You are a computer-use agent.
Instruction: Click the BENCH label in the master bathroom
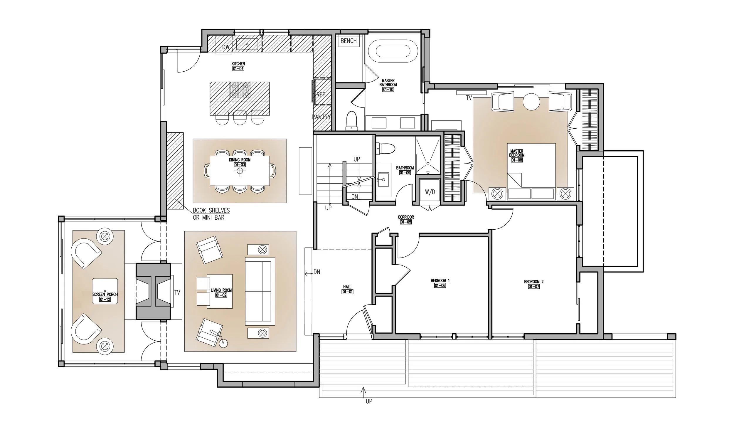coord(349,41)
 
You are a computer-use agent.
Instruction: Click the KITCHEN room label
coord(238,64)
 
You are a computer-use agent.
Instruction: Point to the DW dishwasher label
coord(226,47)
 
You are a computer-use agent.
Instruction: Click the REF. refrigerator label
coord(321,95)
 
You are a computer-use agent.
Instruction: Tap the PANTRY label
coord(321,117)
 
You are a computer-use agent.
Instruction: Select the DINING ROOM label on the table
coord(240,160)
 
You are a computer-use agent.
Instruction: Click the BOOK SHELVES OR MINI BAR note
coord(211,214)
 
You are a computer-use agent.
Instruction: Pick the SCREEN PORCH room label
coord(105,295)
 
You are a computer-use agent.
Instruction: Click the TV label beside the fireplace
coord(177,292)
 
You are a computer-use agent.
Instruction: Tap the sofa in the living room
coord(260,291)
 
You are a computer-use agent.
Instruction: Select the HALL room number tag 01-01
coord(347,292)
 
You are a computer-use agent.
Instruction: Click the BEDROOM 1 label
coord(440,280)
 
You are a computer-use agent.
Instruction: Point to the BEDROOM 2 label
coord(534,282)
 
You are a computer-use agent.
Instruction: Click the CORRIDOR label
coord(406,217)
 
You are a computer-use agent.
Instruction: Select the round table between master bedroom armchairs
coord(532,102)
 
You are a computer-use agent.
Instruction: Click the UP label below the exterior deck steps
coord(369,401)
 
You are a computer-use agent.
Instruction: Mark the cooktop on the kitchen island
coord(240,90)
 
